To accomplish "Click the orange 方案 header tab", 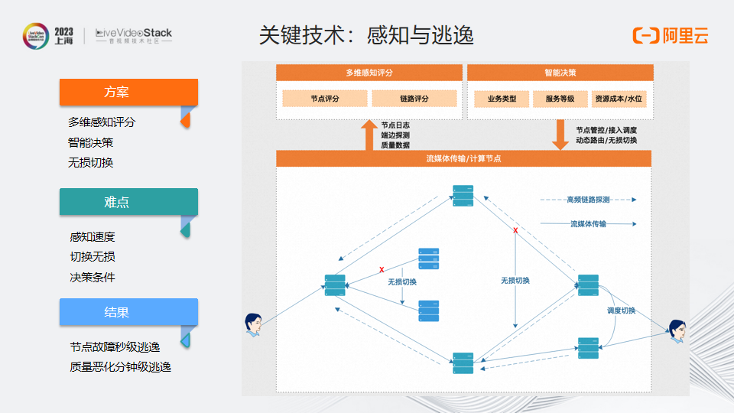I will click(x=128, y=92).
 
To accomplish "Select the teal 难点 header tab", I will click(x=128, y=202).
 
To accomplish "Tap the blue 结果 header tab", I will click(x=128, y=312).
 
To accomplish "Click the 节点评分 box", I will click(x=325, y=99).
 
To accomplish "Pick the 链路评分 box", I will click(x=414, y=99).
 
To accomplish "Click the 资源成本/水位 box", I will click(x=619, y=99).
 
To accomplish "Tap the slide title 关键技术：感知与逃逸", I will click(x=366, y=35).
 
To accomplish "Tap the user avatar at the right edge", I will click(x=677, y=330).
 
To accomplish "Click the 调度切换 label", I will click(x=621, y=311).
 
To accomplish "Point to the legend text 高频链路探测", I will click(x=588, y=200).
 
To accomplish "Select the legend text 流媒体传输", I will click(x=588, y=224).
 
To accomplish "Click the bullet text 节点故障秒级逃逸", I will click(x=115, y=346).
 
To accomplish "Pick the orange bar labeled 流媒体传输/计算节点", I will click(x=463, y=158).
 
